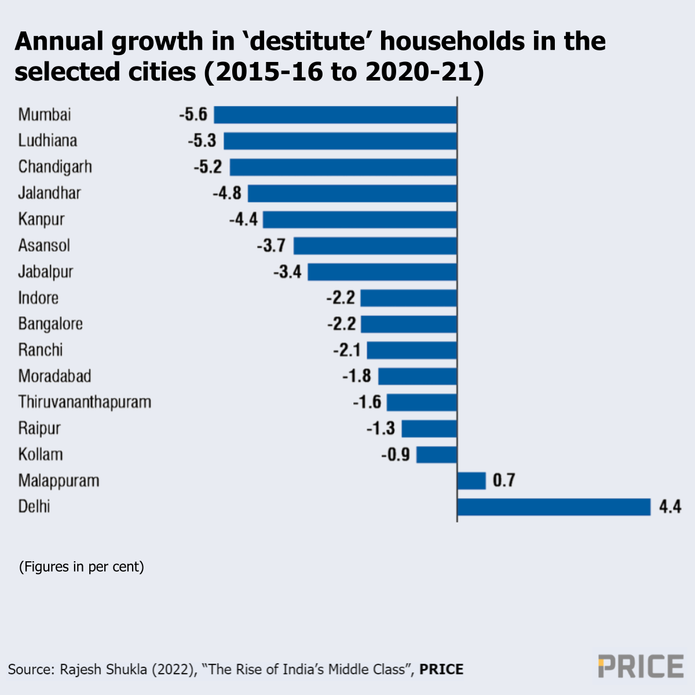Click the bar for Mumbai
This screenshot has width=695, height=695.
point(335,115)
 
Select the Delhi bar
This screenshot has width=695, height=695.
point(554,507)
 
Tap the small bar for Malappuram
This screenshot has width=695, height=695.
point(471,481)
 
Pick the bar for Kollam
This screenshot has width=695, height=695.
point(437,455)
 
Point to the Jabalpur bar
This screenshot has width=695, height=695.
point(382,272)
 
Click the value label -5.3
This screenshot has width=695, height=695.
point(202,141)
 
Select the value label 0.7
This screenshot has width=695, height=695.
point(504,481)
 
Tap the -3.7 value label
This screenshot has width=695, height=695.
point(271,246)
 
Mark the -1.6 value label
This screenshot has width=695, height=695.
point(367,402)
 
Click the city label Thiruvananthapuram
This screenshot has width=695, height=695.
point(85,402)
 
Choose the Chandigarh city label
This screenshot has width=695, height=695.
point(55,167)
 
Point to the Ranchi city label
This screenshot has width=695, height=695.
point(41,350)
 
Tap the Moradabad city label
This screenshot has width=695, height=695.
point(55,376)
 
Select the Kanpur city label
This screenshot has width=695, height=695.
point(41,220)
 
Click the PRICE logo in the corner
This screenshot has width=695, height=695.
point(641,667)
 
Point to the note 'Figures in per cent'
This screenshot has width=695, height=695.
point(82,566)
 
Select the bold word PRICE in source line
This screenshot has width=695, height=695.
point(441,670)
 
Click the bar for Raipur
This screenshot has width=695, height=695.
point(429,429)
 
